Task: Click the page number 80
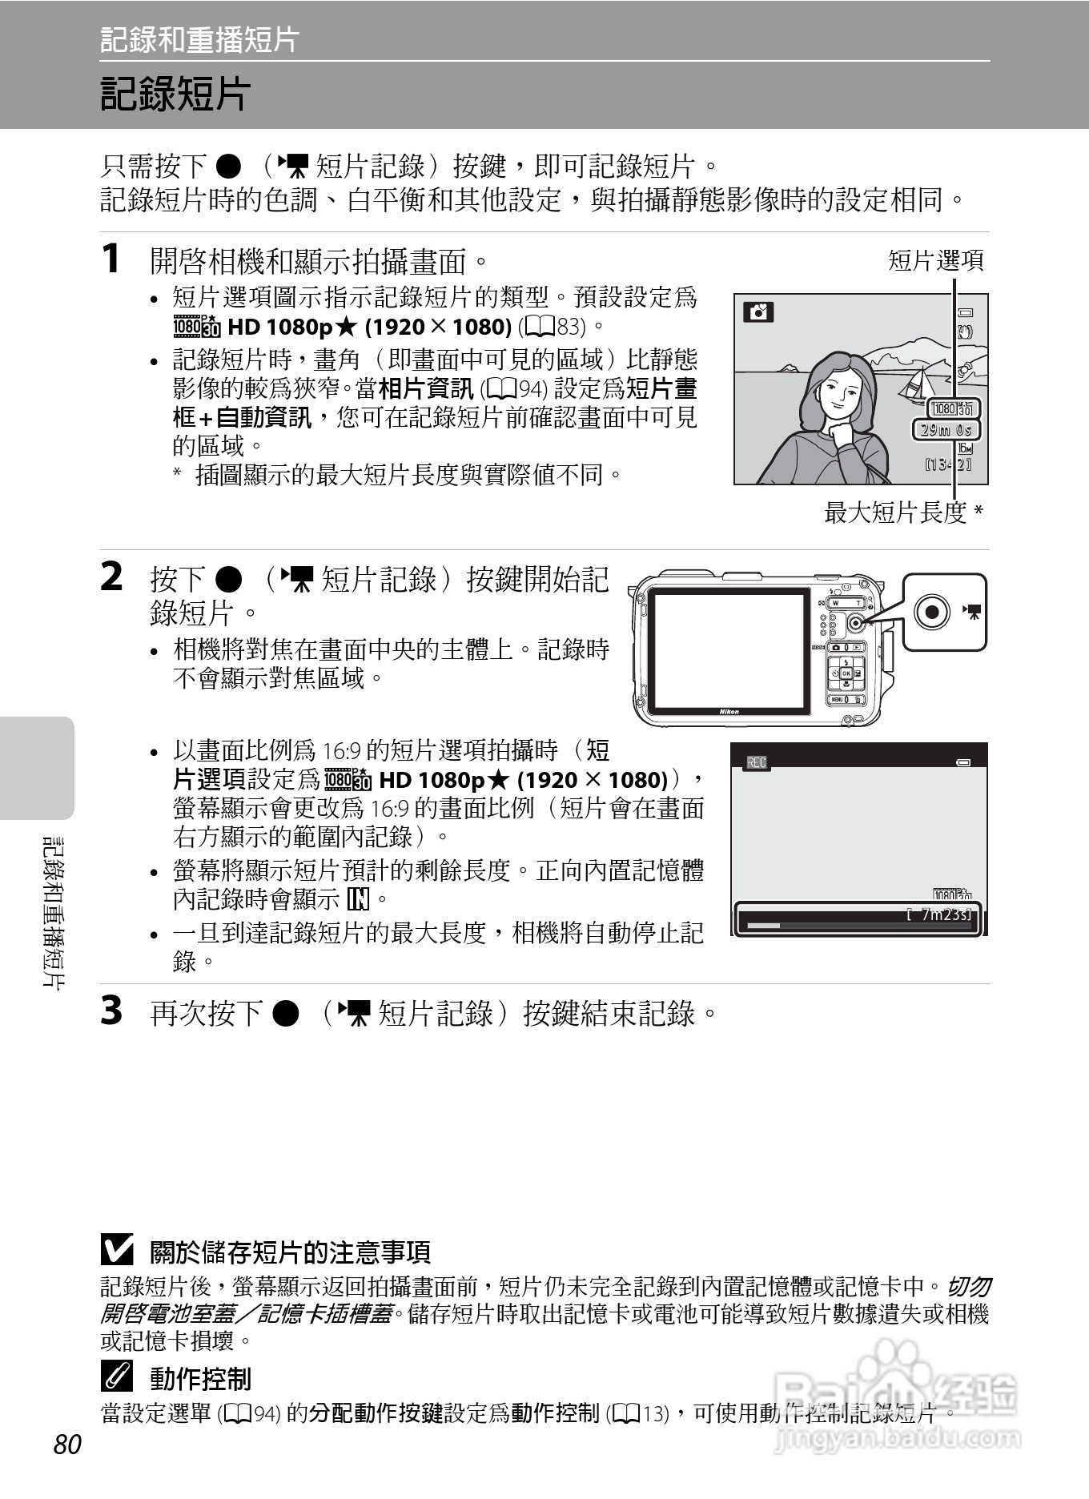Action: (68, 1444)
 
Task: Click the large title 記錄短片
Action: (175, 94)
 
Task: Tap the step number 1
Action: (111, 259)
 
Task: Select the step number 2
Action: (112, 577)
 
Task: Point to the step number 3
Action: (112, 1010)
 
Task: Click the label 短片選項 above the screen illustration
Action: (936, 260)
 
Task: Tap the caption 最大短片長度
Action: (896, 512)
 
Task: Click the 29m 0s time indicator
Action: (946, 429)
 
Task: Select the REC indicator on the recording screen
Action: (757, 762)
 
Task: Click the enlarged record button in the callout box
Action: (932, 613)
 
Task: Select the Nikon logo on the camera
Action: (729, 711)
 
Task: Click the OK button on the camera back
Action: (846, 673)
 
